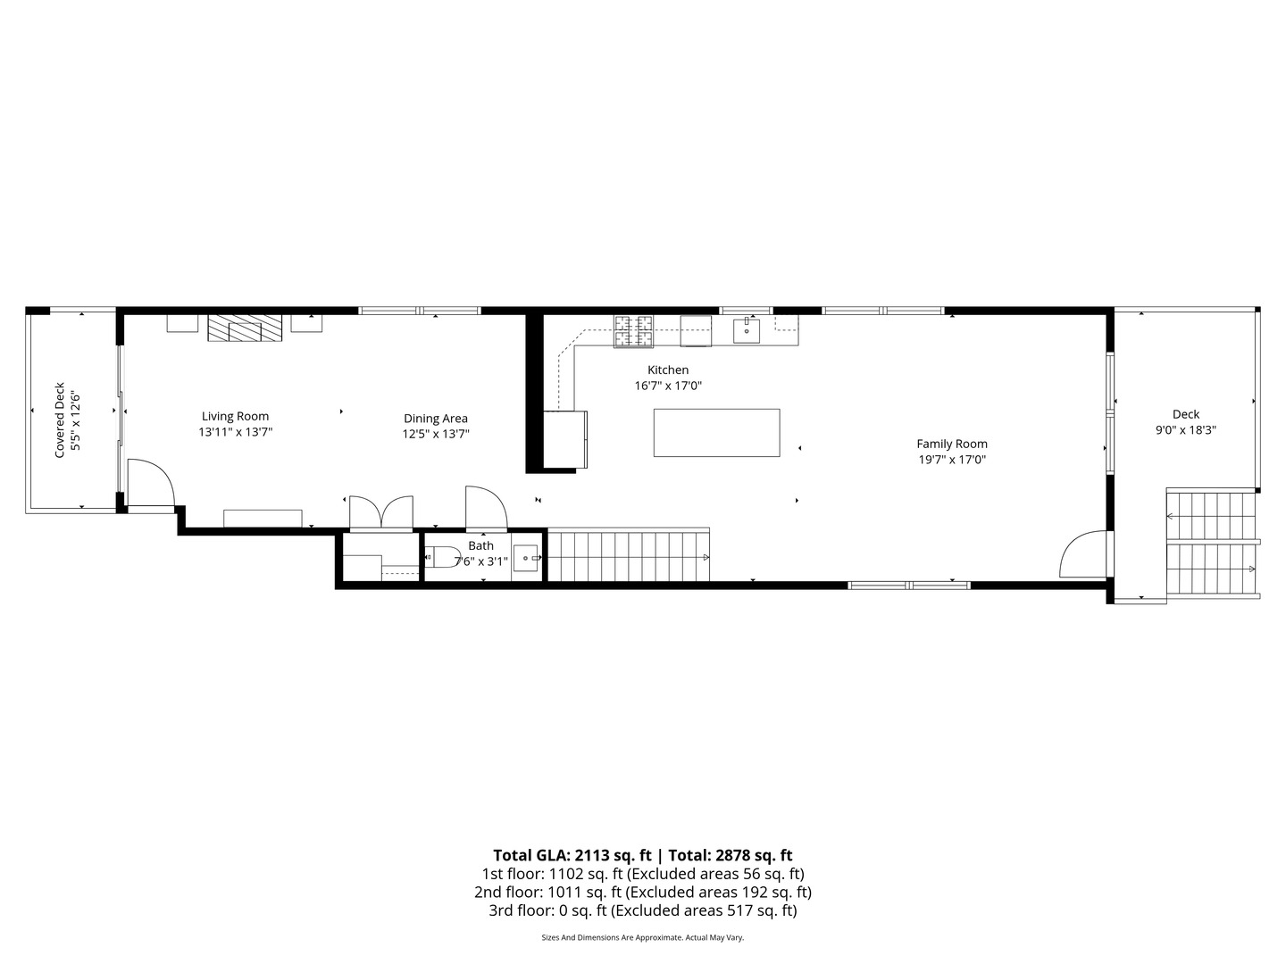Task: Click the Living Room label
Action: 235,416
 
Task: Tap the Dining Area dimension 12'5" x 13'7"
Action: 436,435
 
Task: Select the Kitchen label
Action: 668,370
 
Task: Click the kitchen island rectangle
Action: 716,433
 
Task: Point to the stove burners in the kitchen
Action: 633,331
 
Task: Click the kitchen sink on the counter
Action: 747,330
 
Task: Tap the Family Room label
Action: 952,444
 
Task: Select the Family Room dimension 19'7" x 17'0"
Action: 952,461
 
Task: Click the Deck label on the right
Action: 1186,414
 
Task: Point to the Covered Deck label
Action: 60,420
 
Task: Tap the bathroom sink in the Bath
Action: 526,558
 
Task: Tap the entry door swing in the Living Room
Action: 149,484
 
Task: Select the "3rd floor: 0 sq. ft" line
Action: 547,910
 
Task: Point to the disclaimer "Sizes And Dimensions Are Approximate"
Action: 612,937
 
